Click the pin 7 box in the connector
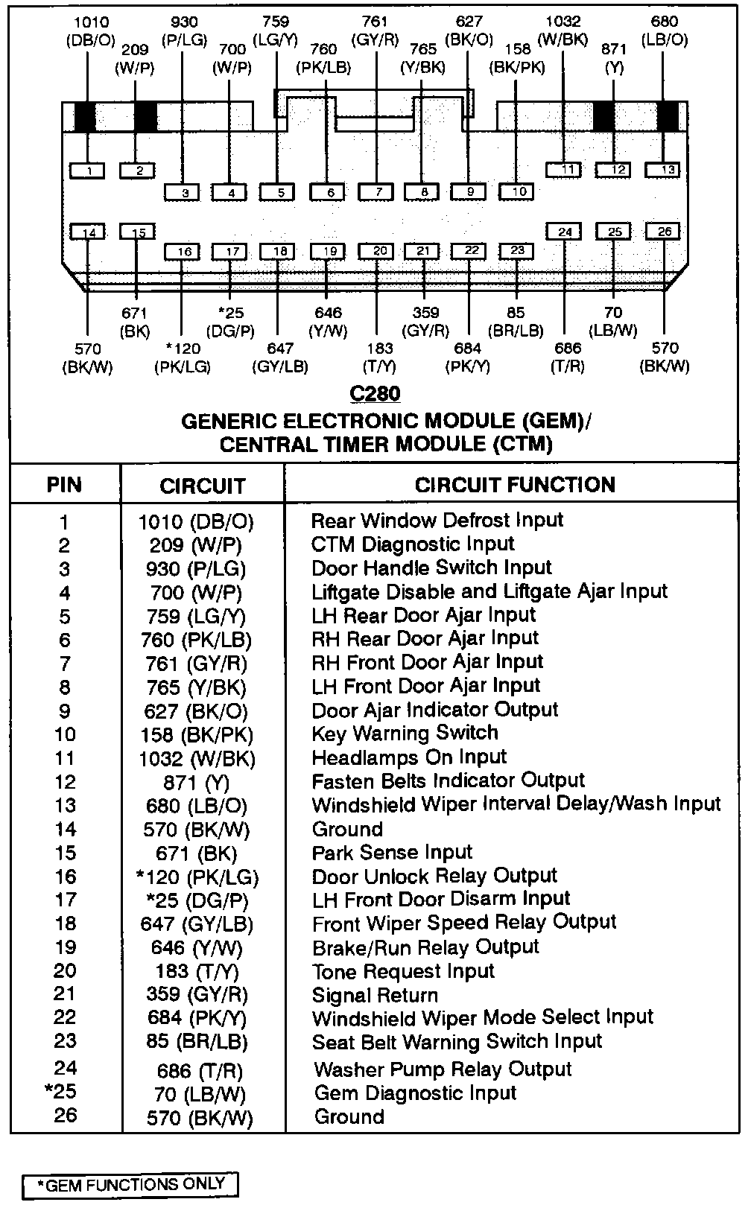pyautogui.click(x=377, y=191)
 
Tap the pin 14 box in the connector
pyautogui.click(x=89, y=232)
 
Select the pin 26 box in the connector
pyautogui.click(x=664, y=231)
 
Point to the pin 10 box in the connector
pyautogui.click(x=519, y=191)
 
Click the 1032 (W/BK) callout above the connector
pyautogui.click(x=563, y=31)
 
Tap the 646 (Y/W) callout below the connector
pyautogui.click(x=329, y=321)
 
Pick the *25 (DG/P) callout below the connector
pyautogui.click(x=231, y=321)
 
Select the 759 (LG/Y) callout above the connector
pyautogui.click(x=276, y=31)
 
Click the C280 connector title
pyautogui.click(x=375, y=393)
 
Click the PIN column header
pyautogui.click(x=64, y=485)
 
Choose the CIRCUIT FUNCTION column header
pyautogui.click(x=515, y=485)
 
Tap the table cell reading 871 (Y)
pyautogui.click(x=197, y=783)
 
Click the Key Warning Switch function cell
pyautogui.click(x=405, y=734)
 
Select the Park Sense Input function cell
pyautogui.click(x=392, y=853)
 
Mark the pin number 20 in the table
pyautogui.click(x=65, y=971)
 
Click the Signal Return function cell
pyautogui.click(x=375, y=996)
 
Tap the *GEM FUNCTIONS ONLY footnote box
pyautogui.click(x=132, y=1183)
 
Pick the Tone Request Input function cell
pyautogui.click(x=403, y=972)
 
